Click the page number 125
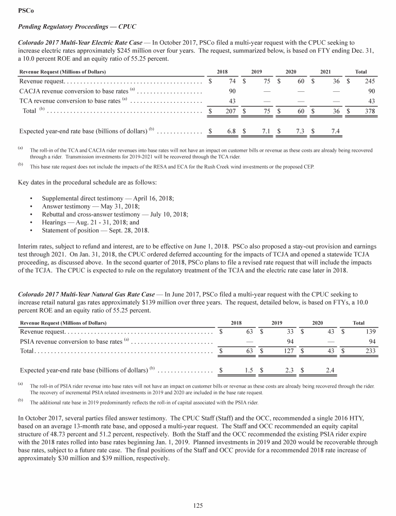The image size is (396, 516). pos(198,506)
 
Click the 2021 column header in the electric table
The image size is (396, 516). pos(326,71)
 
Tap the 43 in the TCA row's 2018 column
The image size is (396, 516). pos(232,101)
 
